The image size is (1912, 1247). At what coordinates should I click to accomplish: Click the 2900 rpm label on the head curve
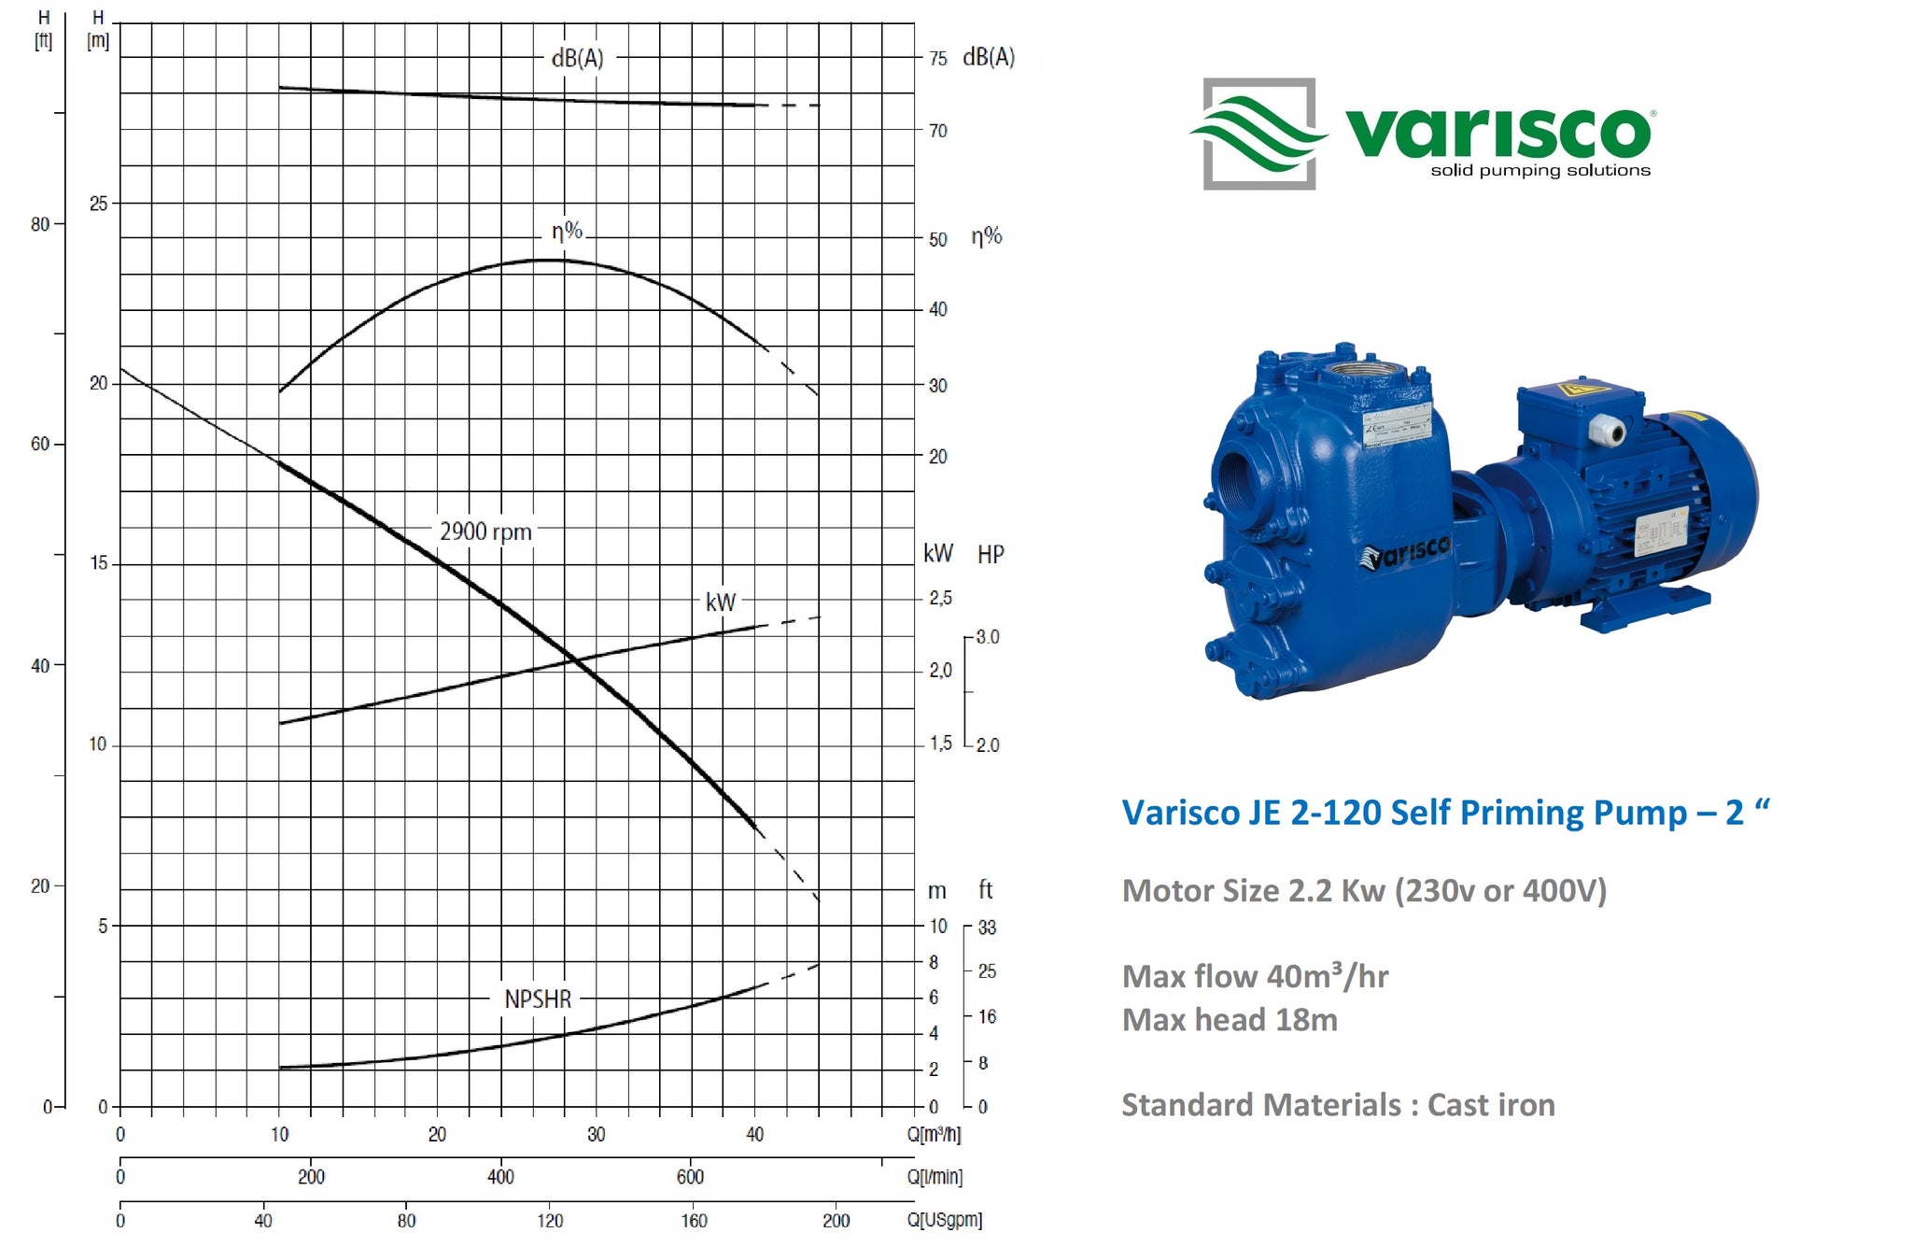485,531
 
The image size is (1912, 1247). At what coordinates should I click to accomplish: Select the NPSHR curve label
538,999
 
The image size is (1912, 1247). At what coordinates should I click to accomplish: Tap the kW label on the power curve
720,602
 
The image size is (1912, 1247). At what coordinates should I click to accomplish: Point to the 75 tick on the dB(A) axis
937,59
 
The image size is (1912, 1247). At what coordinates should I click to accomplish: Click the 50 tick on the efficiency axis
937,239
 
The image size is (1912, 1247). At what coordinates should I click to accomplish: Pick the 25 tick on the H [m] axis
98,204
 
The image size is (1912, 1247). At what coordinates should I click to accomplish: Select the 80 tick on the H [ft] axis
40,224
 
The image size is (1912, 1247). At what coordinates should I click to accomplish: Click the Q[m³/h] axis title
934,1134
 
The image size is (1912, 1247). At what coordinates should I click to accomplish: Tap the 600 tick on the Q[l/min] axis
690,1177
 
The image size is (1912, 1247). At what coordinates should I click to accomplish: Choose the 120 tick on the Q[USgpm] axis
550,1220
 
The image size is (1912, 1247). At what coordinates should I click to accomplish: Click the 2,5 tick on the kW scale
940,598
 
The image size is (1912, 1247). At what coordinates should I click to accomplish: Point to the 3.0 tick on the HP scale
988,637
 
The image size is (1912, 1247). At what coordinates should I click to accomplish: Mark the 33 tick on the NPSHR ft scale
987,928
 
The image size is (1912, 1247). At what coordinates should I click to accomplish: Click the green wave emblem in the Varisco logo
1258,134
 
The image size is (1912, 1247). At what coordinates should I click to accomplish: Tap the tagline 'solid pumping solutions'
1540,170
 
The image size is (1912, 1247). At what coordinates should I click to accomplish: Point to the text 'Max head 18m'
1230,1019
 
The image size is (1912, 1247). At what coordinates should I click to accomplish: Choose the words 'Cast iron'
1491,1105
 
